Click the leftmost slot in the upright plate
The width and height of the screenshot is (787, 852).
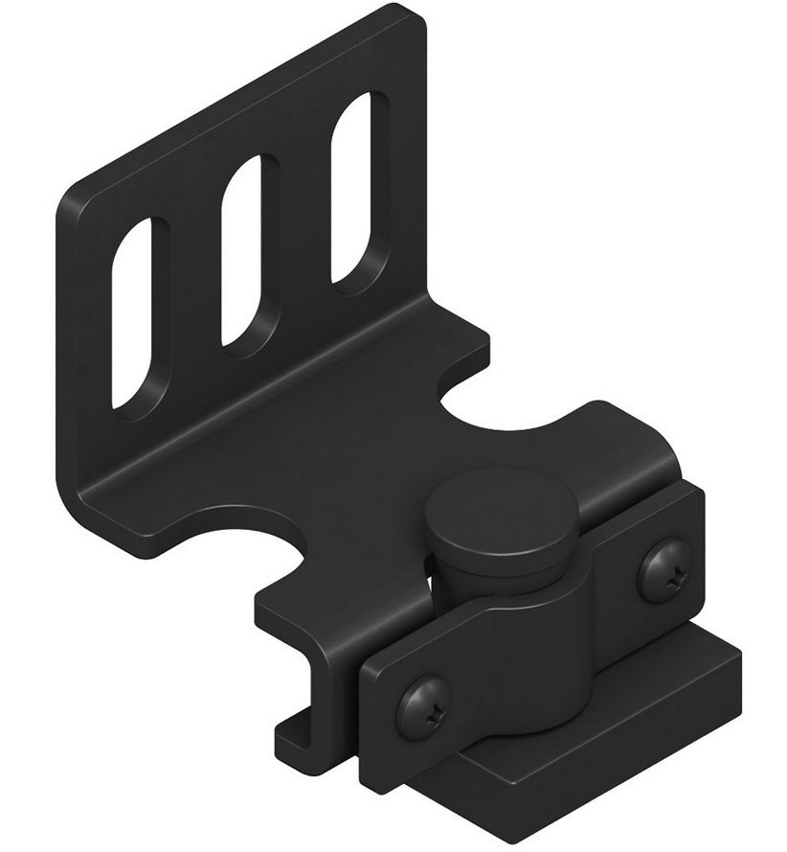click(x=133, y=311)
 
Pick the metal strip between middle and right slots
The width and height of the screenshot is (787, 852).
click(x=302, y=220)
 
